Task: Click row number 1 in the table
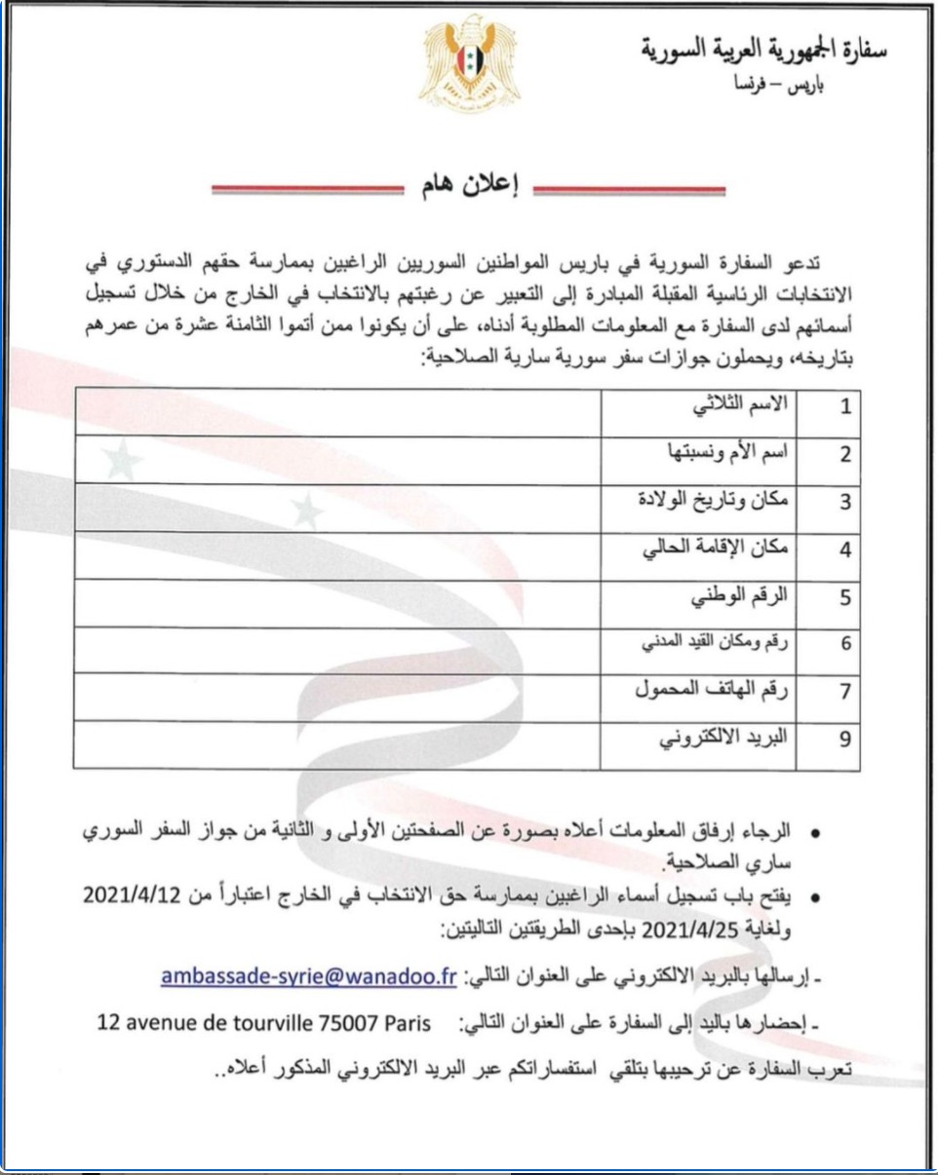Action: (845, 410)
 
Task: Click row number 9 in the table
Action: (845, 741)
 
